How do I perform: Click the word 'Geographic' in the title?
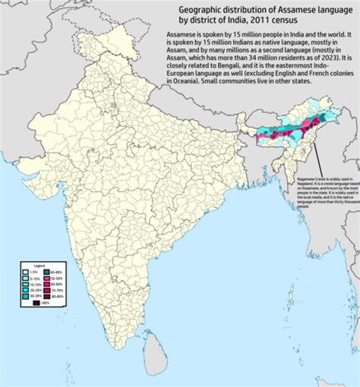(204, 8)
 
